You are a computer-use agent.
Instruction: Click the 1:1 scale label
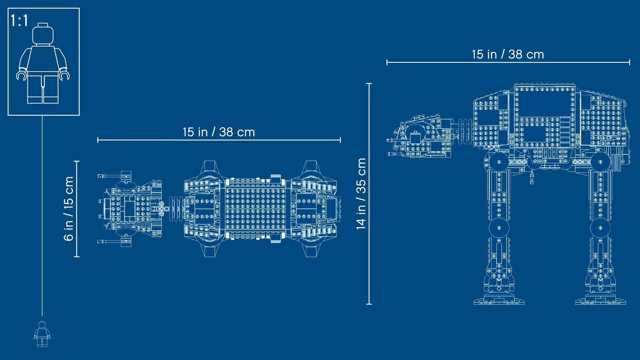(x=19, y=20)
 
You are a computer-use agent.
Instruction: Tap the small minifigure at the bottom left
(x=42, y=334)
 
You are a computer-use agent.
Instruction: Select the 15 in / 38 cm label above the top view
(x=219, y=132)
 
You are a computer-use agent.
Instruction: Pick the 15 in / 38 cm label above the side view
(x=508, y=54)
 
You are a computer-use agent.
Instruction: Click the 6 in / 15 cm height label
(x=69, y=209)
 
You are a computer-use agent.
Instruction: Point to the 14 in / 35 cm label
(x=361, y=194)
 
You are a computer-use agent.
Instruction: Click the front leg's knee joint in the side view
(x=499, y=228)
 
